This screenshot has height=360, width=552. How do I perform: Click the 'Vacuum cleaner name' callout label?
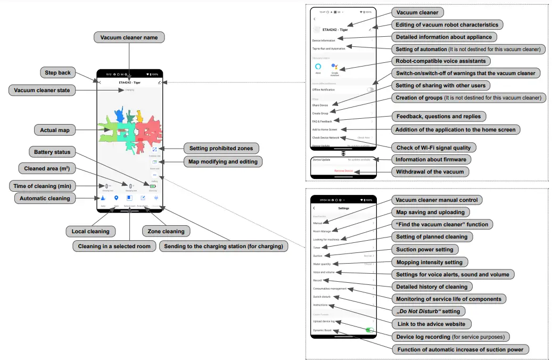pyautogui.click(x=129, y=38)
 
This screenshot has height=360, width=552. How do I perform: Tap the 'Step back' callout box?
pyautogui.click(x=58, y=72)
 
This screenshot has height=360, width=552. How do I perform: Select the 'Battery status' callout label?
pyautogui.click(x=52, y=152)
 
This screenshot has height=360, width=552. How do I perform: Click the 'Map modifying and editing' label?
pyautogui.click(x=223, y=161)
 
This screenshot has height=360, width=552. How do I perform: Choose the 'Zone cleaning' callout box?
pyautogui.click(x=166, y=231)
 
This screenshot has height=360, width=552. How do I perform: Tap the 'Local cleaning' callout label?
pyautogui.click(x=90, y=231)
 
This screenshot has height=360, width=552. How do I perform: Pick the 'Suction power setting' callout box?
pyautogui.click(x=425, y=249)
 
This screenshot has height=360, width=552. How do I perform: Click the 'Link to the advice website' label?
pyautogui.click(x=431, y=324)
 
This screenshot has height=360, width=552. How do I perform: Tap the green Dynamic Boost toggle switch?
pyautogui.click(x=368, y=330)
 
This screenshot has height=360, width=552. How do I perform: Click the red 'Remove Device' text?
pyautogui.click(x=343, y=171)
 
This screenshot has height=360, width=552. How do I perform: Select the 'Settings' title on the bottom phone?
pyautogui.click(x=343, y=208)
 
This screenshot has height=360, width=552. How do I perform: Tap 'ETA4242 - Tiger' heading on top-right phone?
pyautogui.click(x=335, y=30)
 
